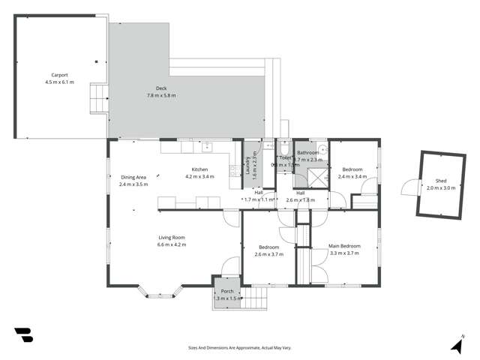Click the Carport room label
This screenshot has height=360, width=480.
click(x=60, y=75)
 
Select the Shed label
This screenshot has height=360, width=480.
click(x=440, y=181)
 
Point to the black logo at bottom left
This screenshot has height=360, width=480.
click(x=23, y=335)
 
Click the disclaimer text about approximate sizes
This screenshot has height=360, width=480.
click(x=239, y=347)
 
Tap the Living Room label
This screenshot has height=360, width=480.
click(x=171, y=238)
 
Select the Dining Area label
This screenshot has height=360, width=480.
click(x=133, y=177)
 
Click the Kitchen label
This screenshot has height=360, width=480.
click(x=199, y=169)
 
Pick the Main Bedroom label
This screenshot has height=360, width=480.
click(x=345, y=246)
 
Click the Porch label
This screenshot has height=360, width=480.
click(x=226, y=291)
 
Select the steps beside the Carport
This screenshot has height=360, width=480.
click(x=99, y=95)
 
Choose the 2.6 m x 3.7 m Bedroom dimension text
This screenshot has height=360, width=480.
click(x=269, y=254)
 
